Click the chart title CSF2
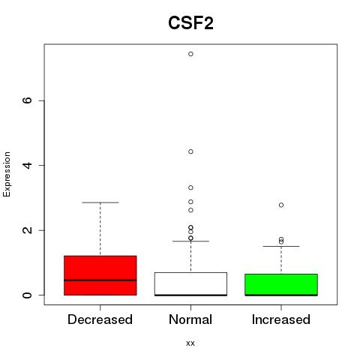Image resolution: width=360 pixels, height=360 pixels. pos(190,23)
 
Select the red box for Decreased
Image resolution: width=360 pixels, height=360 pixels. pos(100,275)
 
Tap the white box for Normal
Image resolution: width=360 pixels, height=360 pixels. pos(190,283)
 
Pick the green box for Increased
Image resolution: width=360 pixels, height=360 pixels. pos(281,284)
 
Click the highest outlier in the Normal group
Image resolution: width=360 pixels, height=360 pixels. pos(190,54)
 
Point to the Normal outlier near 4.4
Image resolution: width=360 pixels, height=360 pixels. pos(190,151)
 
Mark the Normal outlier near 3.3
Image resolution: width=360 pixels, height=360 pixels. pos(190,187)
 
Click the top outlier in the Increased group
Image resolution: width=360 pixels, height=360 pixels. pos(281,205)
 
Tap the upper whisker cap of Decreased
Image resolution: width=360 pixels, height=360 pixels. pos(100,202)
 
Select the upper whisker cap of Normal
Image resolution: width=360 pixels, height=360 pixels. pos(190,241)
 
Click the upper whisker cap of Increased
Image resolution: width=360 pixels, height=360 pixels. pos(281,246)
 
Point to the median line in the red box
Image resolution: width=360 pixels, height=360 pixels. pos(100,280)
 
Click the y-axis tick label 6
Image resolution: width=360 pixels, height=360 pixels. pos(27,100)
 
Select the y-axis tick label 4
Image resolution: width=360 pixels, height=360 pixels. pos(27,165)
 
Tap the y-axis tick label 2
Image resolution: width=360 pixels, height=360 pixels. pos(27,230)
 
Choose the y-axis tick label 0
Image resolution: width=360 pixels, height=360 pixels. pos(27,295)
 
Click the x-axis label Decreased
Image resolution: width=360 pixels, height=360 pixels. pos(100,319)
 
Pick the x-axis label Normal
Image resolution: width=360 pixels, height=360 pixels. pos(190,319)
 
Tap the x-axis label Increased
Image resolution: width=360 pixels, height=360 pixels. pos(281,319)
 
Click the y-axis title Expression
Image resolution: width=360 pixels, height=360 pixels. pos(7,174)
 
